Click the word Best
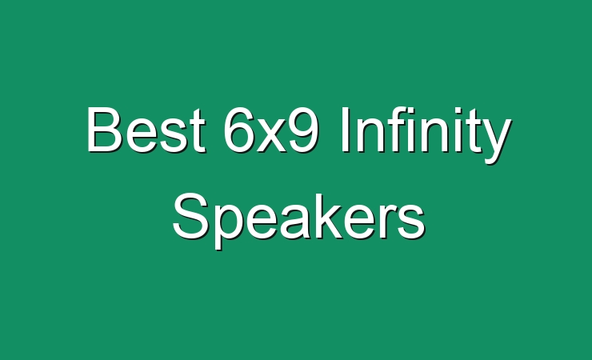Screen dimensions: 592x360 pos(146,130)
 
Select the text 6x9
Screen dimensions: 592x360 pos(271,130)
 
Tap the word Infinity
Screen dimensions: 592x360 pos(426,135)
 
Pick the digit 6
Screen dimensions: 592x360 pos(239,130)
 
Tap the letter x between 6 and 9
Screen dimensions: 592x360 pos(271,135)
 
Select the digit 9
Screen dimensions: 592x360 pos(303,130)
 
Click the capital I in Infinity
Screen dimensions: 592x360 pos(345,130)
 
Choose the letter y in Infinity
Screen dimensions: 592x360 pos(495,142)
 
